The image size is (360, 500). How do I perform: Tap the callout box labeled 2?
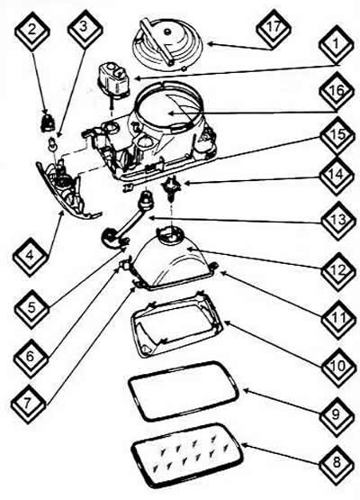[31, 32]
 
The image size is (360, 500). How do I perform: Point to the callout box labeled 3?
[85, 30]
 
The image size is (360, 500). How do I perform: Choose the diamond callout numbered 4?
[31, 257]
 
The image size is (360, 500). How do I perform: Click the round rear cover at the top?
[167, 42]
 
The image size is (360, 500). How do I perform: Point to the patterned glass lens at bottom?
[187, 456]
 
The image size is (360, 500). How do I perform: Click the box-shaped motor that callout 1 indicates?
[113, 79]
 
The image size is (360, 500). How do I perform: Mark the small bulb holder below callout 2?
[47, 123]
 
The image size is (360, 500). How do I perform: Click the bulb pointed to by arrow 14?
[173, 188]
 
